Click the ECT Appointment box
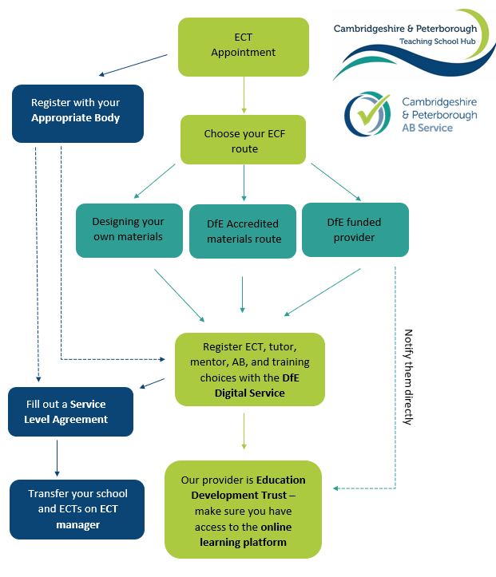243,46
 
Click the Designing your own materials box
128,229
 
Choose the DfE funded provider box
355,229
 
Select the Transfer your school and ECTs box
77,509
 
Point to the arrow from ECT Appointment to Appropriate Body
133,65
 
